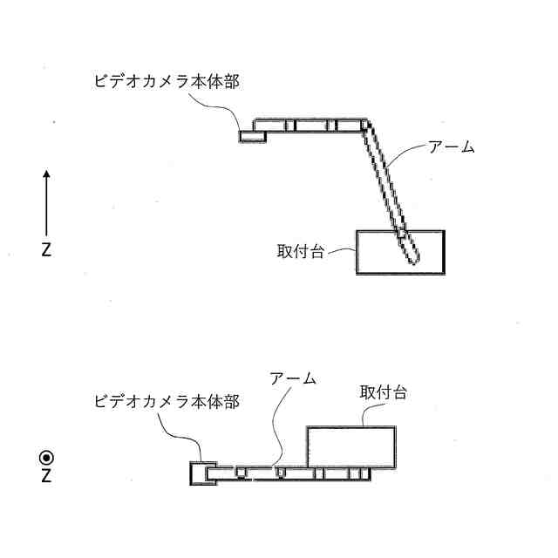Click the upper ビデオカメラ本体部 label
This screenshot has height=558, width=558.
pos(166,82)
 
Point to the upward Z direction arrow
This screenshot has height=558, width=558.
pos(46,201)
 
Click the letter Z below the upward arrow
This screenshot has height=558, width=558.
pos(46,250)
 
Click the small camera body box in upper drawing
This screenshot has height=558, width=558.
pos(253,136)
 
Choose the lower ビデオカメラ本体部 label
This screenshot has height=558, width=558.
pos(166,402)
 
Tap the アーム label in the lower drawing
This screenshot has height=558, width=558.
pos(292,378)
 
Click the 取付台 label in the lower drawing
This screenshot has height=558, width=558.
pos(382,393)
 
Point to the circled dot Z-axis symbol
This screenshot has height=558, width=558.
pos(46,457)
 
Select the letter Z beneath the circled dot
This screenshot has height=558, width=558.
pos(46,477)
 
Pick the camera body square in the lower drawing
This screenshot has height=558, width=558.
pos(202,473)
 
